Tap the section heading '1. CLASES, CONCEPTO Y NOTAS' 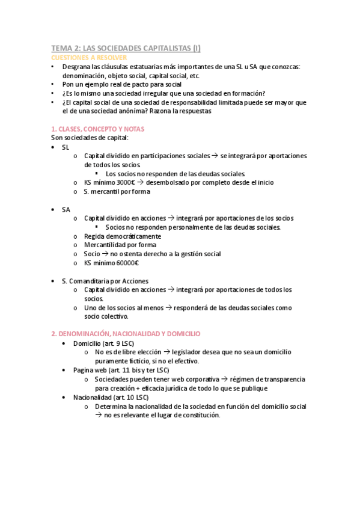[x=97, y=129]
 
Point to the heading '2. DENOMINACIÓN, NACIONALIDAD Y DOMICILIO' [x=126, y=333]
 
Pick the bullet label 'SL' [x=66, y=147]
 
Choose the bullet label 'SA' [x=66, y=209]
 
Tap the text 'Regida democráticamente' [x=118, y=236]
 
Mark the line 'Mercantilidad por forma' [x=120, y=245]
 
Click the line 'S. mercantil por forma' [x=117, y=191]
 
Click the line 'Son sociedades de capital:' [x=90, y=138]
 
